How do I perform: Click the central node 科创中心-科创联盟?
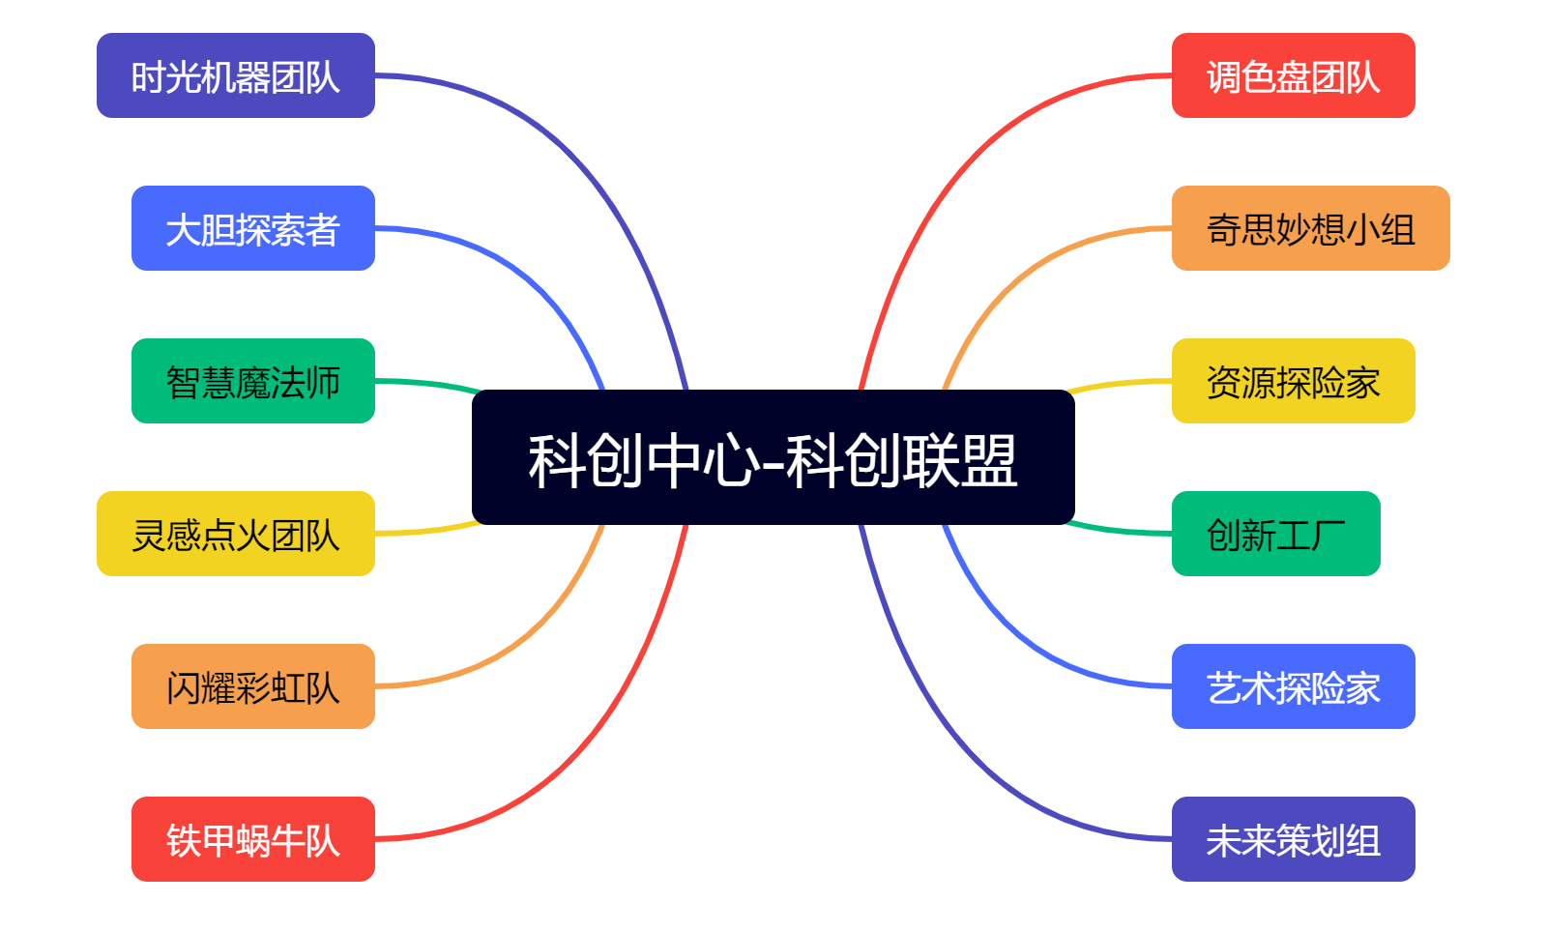click(x=773, y=457)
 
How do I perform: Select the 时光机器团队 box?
click(x=235, y=75)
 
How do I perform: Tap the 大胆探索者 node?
click(x=252, y=228)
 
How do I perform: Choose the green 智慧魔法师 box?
click(x=252, y=381)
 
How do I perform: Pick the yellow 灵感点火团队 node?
click(x=235, y=534)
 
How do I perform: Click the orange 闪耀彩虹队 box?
click(x=252, y=686)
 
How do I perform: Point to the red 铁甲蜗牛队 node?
click(x=252, y=839)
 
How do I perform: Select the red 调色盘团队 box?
click(x=1293, y=75)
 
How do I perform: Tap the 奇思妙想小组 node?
click(x=1310, y=228)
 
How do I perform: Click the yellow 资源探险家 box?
click(x=1293, y=381)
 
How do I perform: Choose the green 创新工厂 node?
click(x=1275, y=534)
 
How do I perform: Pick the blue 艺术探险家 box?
click(x=1293, y=686)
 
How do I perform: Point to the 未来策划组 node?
click(x=1293, y=839)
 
